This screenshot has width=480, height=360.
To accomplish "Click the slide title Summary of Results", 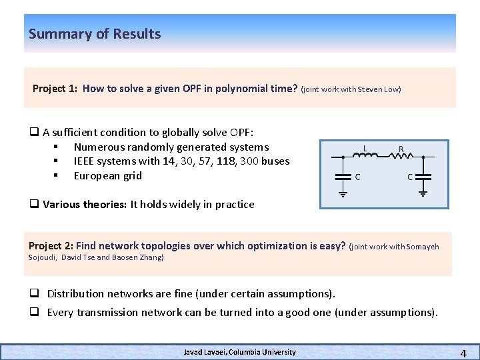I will point(95,34).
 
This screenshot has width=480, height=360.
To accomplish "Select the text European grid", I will point(107,176).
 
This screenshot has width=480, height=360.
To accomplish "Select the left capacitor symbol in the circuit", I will point(343,177).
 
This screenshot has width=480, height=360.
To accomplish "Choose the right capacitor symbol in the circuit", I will point(424,177).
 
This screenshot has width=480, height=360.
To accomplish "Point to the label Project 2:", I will point(51,246).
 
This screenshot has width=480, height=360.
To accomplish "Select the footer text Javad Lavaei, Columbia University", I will point(240,352).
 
